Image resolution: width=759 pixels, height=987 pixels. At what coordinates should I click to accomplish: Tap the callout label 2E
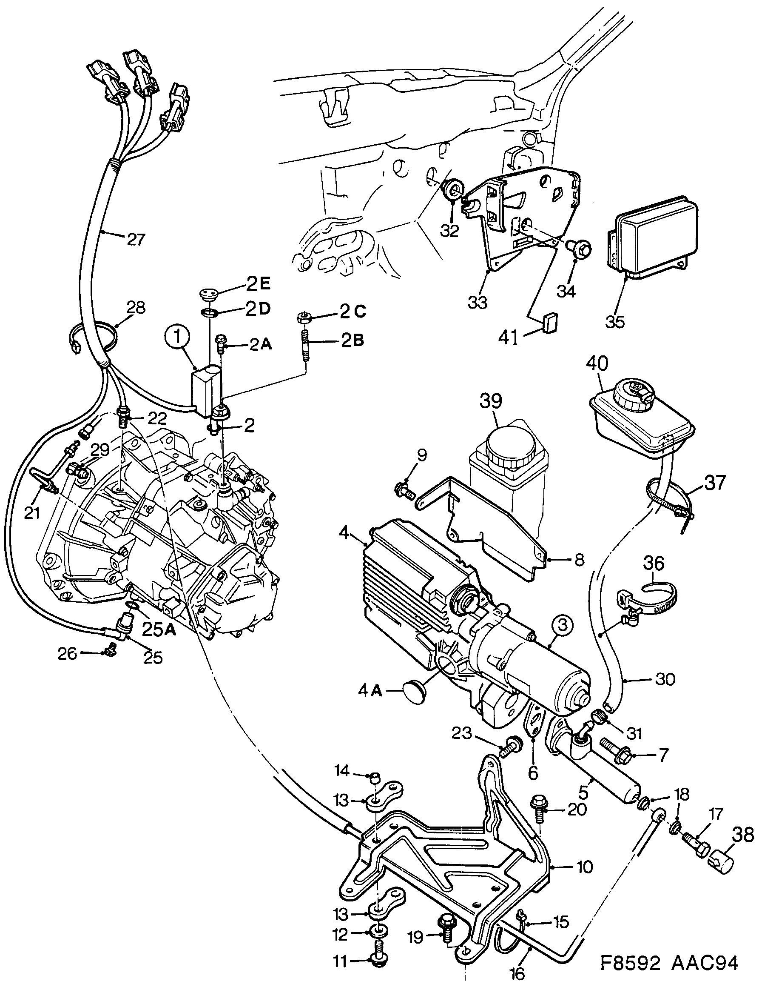[258, 284]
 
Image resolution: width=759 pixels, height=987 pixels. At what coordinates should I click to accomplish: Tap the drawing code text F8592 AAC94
[669, 963]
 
